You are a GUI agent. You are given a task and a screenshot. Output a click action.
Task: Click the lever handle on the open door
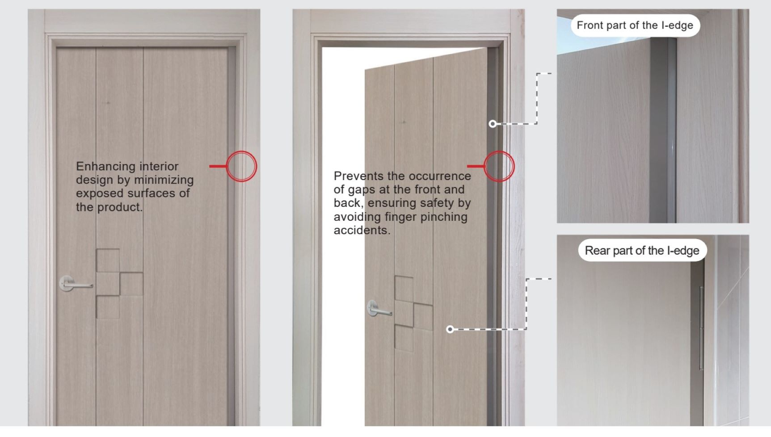(378, 308)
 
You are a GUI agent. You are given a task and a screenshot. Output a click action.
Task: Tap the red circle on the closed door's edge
(241, 166)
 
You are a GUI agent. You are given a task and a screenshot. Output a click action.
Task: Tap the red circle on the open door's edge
(499, 166)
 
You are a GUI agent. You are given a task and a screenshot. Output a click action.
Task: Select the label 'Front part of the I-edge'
(635, 25)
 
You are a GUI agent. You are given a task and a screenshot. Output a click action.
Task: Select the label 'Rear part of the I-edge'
(642, 251)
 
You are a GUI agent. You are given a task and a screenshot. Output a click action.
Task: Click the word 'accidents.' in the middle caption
(362, 230)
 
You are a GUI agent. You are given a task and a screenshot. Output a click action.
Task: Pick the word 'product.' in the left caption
(120, 207)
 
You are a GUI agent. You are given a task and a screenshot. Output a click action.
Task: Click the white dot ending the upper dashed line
(493, 124)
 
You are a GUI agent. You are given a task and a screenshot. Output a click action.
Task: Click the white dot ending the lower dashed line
(450, 329)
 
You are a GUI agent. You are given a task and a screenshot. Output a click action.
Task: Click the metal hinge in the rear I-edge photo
(701, 328)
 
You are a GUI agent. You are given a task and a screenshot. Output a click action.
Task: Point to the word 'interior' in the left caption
(159, 166)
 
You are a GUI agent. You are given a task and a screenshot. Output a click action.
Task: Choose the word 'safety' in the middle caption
(437, 203)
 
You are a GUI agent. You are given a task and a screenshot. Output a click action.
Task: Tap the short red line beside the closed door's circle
(218, 166)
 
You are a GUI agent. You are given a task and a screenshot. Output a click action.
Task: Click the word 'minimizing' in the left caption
(164, 180)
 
